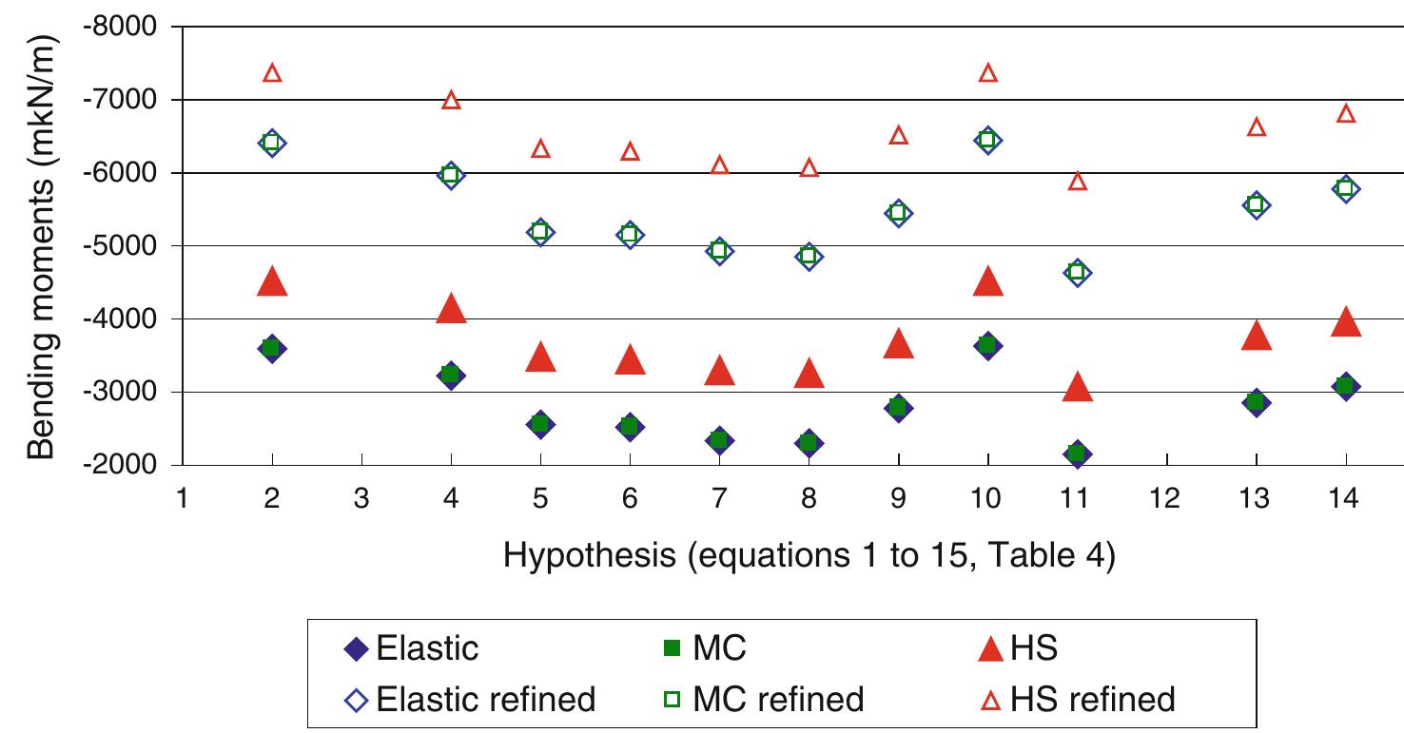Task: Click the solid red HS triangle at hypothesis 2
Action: tap(272, 282)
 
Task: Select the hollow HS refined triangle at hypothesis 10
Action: tap(987, 73)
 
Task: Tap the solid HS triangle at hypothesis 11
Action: tap(1077, 387)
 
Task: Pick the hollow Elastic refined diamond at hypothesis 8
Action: tap(809, 256)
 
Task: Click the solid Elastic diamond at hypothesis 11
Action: tap(1077, 453)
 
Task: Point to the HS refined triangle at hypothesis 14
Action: tap(1345, 114)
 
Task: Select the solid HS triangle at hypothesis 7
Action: tap(719, 372)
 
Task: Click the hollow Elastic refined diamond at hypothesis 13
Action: tap(1256, 204)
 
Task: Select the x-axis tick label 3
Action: tap(361, 498)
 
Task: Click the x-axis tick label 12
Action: tap(1165, 498)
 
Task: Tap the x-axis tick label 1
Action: tap(182, 498)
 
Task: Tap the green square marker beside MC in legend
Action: tap(673, 649)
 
